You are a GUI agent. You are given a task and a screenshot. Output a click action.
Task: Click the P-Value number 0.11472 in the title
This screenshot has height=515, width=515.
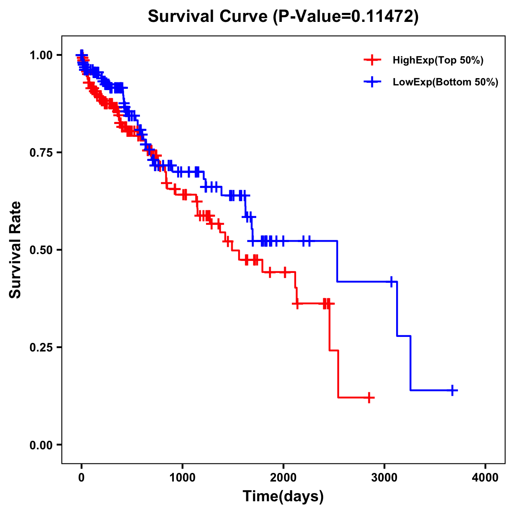[x=383, y=16]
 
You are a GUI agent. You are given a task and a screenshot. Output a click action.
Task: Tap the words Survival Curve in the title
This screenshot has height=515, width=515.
[x=208, y=16]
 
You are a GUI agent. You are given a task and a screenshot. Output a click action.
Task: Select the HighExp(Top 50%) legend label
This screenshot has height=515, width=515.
[x=438, y=61]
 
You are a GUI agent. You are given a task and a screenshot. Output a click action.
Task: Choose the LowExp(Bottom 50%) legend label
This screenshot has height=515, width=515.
[x=445, y=82]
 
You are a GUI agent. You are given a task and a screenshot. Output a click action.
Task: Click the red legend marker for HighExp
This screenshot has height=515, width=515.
[x=372, y=61]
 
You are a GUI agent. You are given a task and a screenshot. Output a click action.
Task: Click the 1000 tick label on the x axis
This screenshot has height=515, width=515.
[x=182, y=478]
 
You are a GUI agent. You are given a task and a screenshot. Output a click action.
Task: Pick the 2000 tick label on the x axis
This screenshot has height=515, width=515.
[x=283, y=478]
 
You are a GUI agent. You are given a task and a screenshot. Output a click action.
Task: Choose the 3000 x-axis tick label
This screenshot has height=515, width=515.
[x=385, y=478]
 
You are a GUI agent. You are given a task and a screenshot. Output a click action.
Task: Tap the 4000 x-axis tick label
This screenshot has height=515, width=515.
[x=485, y=478]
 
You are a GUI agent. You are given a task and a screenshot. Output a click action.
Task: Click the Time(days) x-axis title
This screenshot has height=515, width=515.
[x=283, y=497]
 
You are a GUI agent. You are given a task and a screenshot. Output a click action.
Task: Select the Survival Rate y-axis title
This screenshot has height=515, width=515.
[x=15, y=250]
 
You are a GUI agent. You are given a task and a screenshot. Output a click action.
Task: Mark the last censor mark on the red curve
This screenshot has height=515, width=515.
[x=369, y=398]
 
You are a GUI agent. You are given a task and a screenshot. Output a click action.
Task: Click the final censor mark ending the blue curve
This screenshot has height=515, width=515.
[x=452, y=390]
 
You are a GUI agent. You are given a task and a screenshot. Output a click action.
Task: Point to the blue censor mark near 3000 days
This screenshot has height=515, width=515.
[x=391, y=282]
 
